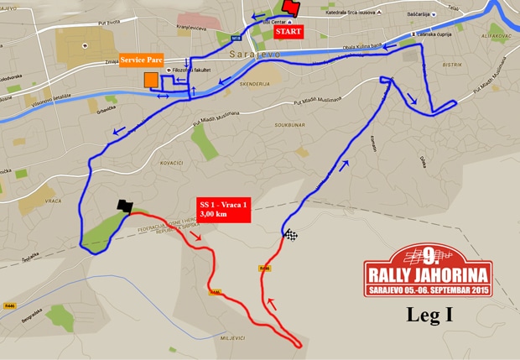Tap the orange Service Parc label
[x=142, y=60]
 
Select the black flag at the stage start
[x=125, y=206]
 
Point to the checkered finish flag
[x=290, y=236]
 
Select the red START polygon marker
[x=291, y=8]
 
